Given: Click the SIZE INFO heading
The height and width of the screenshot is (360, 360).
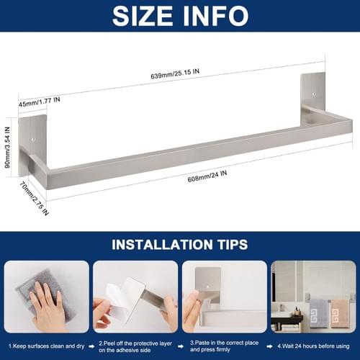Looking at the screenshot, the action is click(180, 16).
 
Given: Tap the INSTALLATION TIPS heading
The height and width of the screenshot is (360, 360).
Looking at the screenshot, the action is click(180, 245).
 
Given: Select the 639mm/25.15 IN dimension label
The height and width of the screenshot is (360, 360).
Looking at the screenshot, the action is click(175, 73).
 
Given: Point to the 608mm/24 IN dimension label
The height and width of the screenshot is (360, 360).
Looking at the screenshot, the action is click(207, 176).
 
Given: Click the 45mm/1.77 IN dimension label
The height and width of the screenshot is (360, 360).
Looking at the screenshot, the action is click(40, 102).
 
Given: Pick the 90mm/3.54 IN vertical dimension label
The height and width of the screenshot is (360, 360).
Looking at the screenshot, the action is click(8, 148).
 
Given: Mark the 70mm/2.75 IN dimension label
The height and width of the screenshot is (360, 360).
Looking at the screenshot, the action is click(34, 198).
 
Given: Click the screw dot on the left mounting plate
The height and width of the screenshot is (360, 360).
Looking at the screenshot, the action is click(33, 139).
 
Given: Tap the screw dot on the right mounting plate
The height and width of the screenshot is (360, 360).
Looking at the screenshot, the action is click(314, 94).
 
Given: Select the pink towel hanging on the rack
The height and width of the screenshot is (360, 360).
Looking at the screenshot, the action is click(341, 314).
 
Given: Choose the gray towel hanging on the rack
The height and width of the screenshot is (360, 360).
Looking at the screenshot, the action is click(318, 314).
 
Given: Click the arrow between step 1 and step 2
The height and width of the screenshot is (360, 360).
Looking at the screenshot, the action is click(91, 346).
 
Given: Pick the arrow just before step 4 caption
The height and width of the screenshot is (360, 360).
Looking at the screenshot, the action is click(270, 346).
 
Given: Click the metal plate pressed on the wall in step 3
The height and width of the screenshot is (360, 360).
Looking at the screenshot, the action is click(208, 284).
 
